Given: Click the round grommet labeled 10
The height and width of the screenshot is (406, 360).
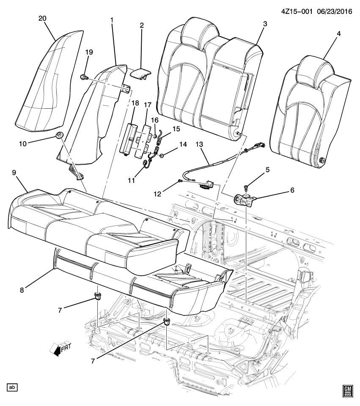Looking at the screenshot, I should [59, 136].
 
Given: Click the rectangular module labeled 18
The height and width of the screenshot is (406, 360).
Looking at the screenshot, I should [128, 140].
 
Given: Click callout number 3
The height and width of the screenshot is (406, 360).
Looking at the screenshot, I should [264, 24].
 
